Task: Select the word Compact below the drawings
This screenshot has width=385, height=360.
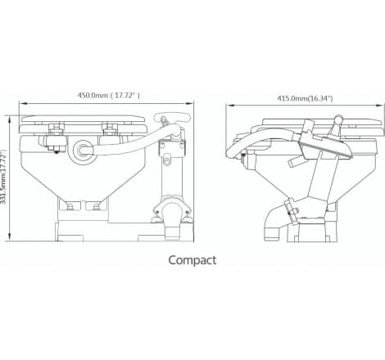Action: (x=192, y=261)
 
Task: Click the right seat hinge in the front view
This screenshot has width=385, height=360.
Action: (x=108, y=128)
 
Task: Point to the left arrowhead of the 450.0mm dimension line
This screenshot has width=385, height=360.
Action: (x=21, y=105)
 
